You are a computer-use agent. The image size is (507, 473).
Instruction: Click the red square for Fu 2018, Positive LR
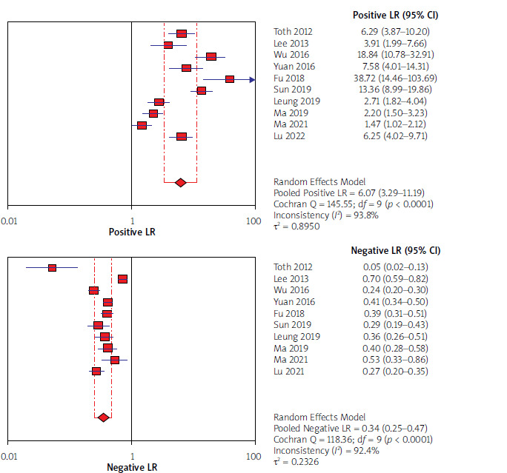pos(230,79)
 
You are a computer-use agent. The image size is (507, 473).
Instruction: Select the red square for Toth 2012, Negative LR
pos(52,267)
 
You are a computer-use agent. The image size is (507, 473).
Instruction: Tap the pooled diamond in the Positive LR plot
pos(180,182)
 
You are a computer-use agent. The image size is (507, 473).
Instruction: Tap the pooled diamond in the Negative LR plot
pos(103,417)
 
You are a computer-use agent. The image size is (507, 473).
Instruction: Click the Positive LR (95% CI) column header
pos(395,16)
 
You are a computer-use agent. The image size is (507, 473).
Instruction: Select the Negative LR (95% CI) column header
pos(395,250)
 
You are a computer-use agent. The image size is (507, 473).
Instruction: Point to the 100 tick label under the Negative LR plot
pos(254,456)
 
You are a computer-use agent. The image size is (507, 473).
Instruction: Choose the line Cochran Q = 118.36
pos(353,439)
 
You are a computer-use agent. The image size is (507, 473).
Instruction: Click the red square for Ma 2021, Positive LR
pos(142,125)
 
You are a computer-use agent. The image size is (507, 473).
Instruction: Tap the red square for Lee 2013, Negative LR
pos(122,279)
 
